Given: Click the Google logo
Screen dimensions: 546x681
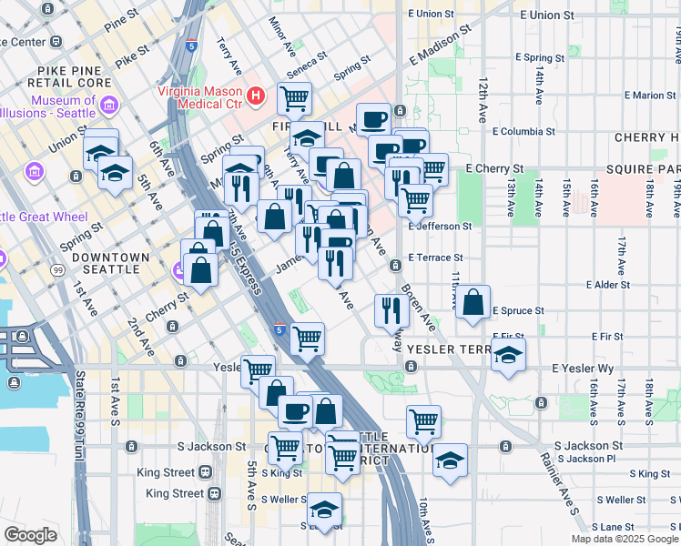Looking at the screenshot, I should (x=30, y=535).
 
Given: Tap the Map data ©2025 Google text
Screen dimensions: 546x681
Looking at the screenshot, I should (x=625, y=539).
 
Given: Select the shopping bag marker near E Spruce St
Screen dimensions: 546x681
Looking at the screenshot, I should (x=473, y=303).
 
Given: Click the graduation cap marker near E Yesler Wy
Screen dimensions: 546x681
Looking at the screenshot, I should (x=508, y=356).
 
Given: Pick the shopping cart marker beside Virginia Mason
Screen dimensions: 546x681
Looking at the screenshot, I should (x=294, y=98).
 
